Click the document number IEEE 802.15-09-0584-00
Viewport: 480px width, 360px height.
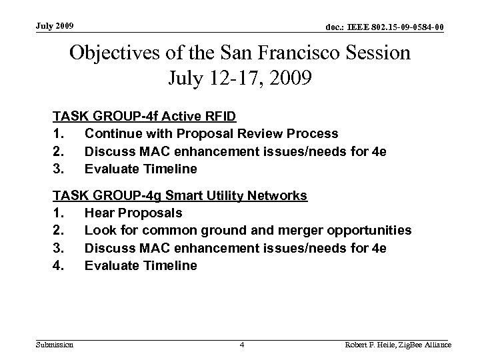384,27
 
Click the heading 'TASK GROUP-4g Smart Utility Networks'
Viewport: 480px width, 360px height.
180,196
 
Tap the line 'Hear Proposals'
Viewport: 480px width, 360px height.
133,213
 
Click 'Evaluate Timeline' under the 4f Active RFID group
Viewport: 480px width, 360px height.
141,169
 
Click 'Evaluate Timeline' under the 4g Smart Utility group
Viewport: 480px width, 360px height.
141,265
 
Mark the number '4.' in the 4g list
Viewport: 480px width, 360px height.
59,265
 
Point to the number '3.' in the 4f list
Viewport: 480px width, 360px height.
59,169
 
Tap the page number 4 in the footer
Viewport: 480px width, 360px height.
243,345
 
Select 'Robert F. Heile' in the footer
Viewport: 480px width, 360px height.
369,345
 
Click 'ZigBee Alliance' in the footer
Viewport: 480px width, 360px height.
425,345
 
